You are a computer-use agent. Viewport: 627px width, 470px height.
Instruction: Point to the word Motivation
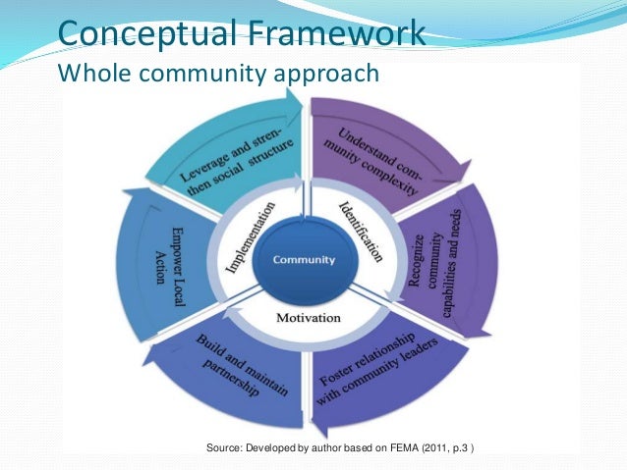(x=308, y=318)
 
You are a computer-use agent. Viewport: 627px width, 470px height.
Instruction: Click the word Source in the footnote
(x=225, y=449)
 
